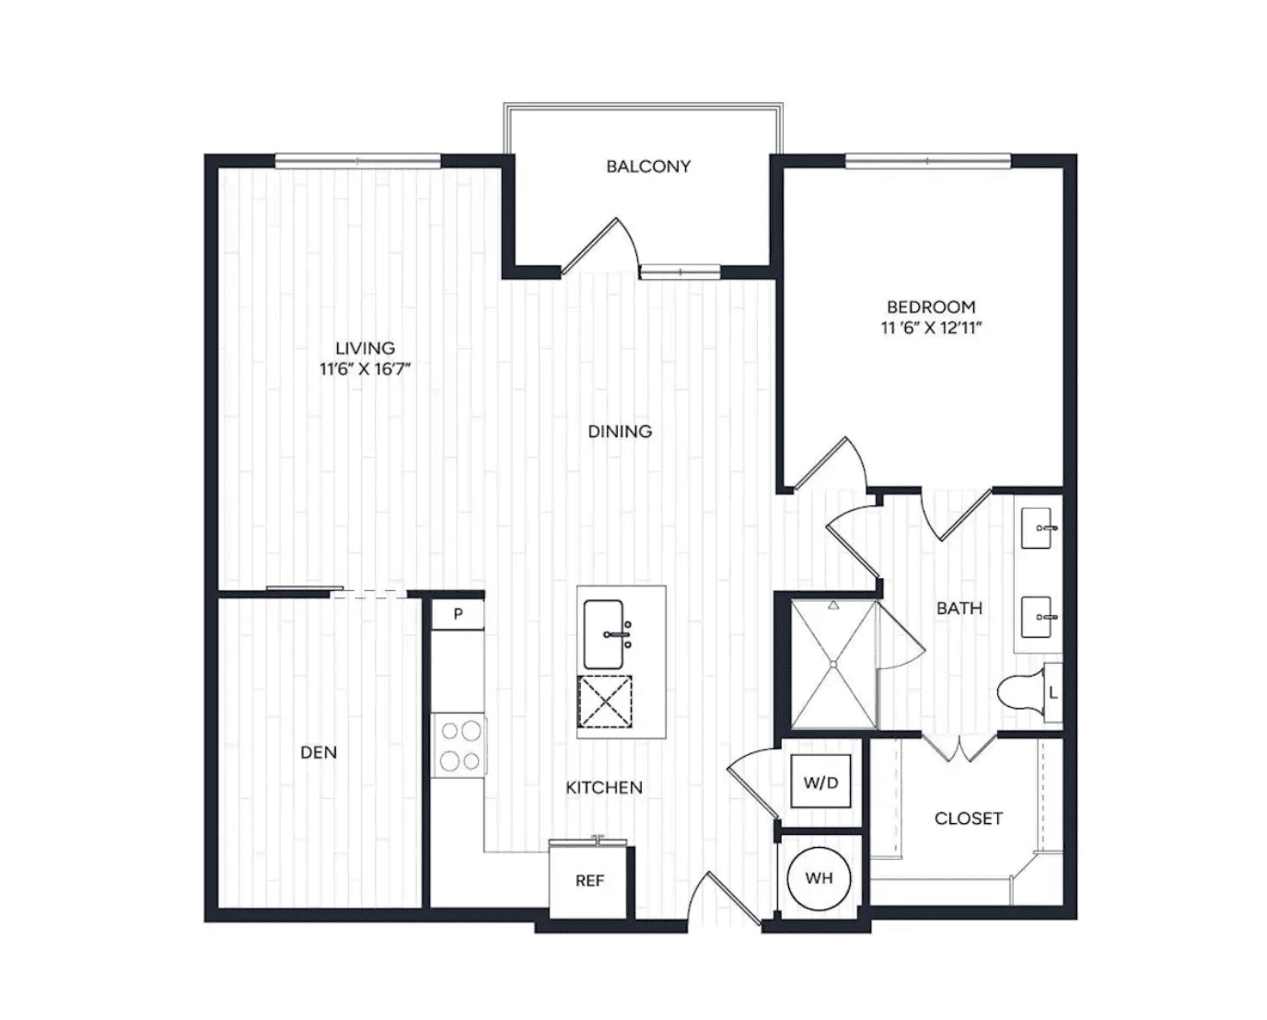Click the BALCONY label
click(648, 167)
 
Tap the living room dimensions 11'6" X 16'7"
click(365, 369)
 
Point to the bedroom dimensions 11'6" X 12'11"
click(932, 328)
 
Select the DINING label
click(620, 432)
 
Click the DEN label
click(319, 752)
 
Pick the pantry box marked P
click(458, 614)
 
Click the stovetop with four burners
click(459, 746)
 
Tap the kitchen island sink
click(605, 634)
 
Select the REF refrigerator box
click(588, 880)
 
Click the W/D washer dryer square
click(820, 782)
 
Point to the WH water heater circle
click(819, 878)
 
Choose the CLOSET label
click(969, 818)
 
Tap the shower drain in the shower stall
click(833, 664)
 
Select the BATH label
click(959, 608)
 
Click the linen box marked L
click(1053, 693)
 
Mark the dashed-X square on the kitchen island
click(605, 701)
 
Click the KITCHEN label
click(604, 787)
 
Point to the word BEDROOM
click(932, 307)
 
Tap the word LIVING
click(365, 348)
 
